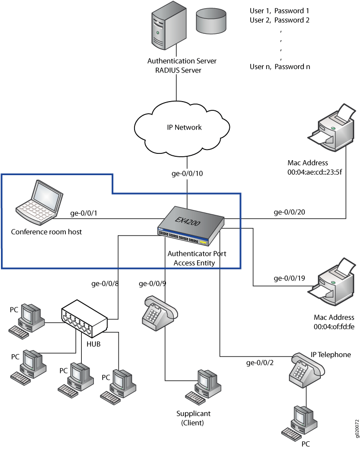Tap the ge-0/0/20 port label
(289, 212)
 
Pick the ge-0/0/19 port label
(289, 278)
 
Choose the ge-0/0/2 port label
(260, 362)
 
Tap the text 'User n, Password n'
(280, 66)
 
